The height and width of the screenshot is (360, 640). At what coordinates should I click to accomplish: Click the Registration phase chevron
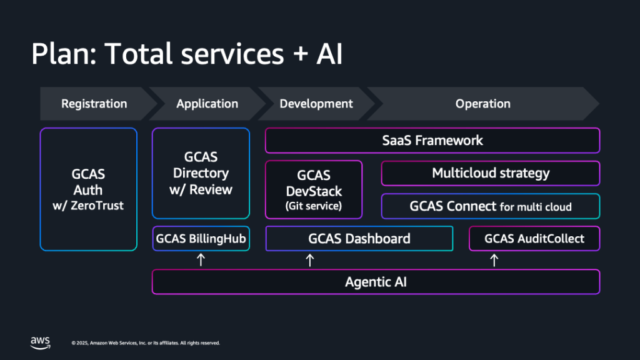pos(94,104)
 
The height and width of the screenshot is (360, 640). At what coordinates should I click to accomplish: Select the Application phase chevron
pos(207,104)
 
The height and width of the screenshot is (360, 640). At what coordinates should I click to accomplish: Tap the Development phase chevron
pos(316,104)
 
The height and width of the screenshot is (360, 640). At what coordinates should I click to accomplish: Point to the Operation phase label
pos(482,104)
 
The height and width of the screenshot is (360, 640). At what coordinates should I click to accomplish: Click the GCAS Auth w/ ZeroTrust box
pos(88,189)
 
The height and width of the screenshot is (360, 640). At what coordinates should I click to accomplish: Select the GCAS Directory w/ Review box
pos(201,173)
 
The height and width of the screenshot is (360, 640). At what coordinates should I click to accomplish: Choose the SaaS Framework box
pos(432,140)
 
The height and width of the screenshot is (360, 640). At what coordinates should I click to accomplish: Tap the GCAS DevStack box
pos(314,189)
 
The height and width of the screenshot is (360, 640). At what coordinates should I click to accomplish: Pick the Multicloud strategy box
pos(491,173)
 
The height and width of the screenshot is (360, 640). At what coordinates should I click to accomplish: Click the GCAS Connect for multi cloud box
pos(491,206)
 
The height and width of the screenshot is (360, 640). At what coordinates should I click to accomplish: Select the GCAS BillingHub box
pos(201,238)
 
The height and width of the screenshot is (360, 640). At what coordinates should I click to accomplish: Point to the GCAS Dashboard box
pos(359,238)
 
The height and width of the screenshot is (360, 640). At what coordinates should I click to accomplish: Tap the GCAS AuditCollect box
pos(534,238)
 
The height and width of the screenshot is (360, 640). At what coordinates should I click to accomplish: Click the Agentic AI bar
pos(376,282)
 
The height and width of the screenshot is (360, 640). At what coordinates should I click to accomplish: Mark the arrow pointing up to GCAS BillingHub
pos(201,260)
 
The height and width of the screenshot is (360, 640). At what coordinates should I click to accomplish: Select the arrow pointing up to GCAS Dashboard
pos(309,260)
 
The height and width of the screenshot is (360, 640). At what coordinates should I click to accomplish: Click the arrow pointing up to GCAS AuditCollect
pos(494,260)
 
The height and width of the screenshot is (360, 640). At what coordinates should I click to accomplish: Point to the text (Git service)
pos(314,206)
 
